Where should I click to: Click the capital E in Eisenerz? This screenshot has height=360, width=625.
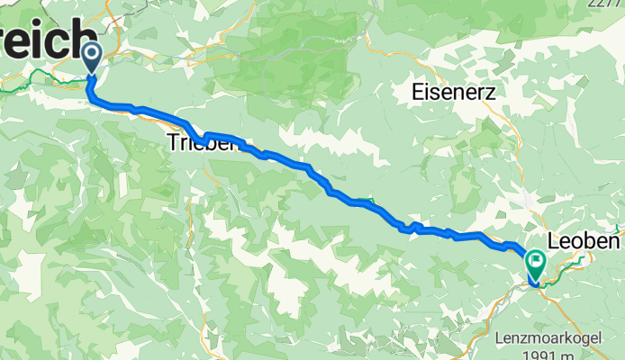[x=417, y=91]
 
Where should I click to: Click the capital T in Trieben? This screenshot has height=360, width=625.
[x=173, y=142]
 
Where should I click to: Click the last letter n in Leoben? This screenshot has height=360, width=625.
[x=615, y=242]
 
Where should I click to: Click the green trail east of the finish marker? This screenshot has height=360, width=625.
[x=576, y=262]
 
